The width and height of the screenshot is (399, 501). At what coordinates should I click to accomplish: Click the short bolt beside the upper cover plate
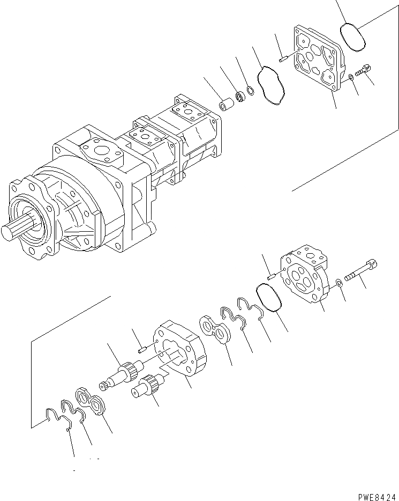click(366, 70)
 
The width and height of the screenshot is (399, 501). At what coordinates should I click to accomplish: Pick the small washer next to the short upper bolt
click(350, 78)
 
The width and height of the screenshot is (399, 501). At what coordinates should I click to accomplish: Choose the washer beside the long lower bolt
click(340, 283)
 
